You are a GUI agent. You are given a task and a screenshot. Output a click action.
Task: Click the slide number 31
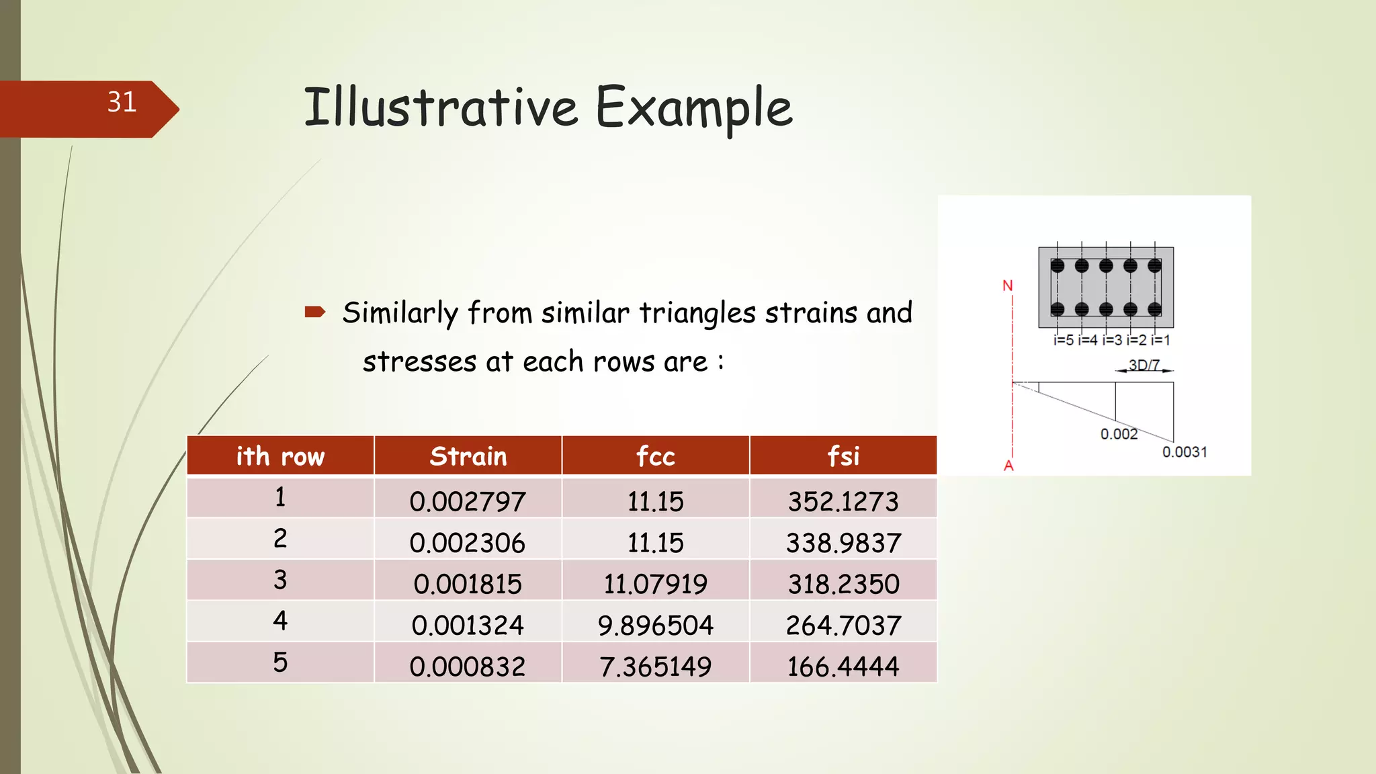[122, 102]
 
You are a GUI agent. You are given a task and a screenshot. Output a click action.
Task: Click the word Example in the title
[694, 107]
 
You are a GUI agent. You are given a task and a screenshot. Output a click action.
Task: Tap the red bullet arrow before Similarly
[314, 312]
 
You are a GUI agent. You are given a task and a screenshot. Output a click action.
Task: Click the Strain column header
[468, 456]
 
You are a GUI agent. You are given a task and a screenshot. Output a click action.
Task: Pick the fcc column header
[655, 456]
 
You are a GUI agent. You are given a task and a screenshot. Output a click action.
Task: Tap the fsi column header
[843, 456]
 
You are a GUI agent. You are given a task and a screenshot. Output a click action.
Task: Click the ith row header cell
[280, 456]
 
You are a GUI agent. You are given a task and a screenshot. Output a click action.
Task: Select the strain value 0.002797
[468, 501]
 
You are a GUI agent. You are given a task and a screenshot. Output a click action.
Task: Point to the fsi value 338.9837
[843, 543]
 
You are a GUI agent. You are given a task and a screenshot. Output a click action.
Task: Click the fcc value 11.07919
[655, 584]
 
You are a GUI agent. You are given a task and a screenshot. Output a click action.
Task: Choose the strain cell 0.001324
[468, 626]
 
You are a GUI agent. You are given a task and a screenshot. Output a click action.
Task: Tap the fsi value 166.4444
[843, 666]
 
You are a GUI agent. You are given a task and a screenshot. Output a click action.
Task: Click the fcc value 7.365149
[655, 666]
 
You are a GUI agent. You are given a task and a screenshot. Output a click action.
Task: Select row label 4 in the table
[280, 620]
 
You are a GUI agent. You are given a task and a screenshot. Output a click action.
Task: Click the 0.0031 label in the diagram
[1185, 452]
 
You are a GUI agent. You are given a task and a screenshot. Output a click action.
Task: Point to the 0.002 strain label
[1119, 434]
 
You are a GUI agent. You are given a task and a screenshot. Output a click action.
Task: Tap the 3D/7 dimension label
[1144, 365]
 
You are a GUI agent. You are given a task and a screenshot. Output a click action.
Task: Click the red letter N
[1007, 286]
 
